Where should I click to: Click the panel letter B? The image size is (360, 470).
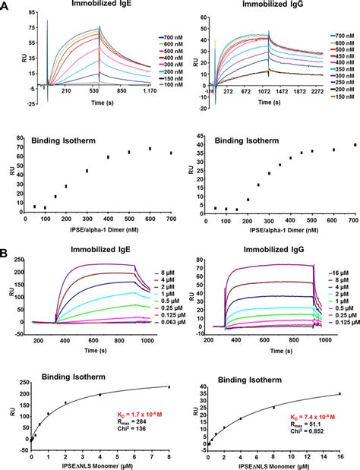pyautogui.click(x=6, y=247)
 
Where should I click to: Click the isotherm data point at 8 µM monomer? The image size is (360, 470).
pyautogui.click(x=169, y=386)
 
